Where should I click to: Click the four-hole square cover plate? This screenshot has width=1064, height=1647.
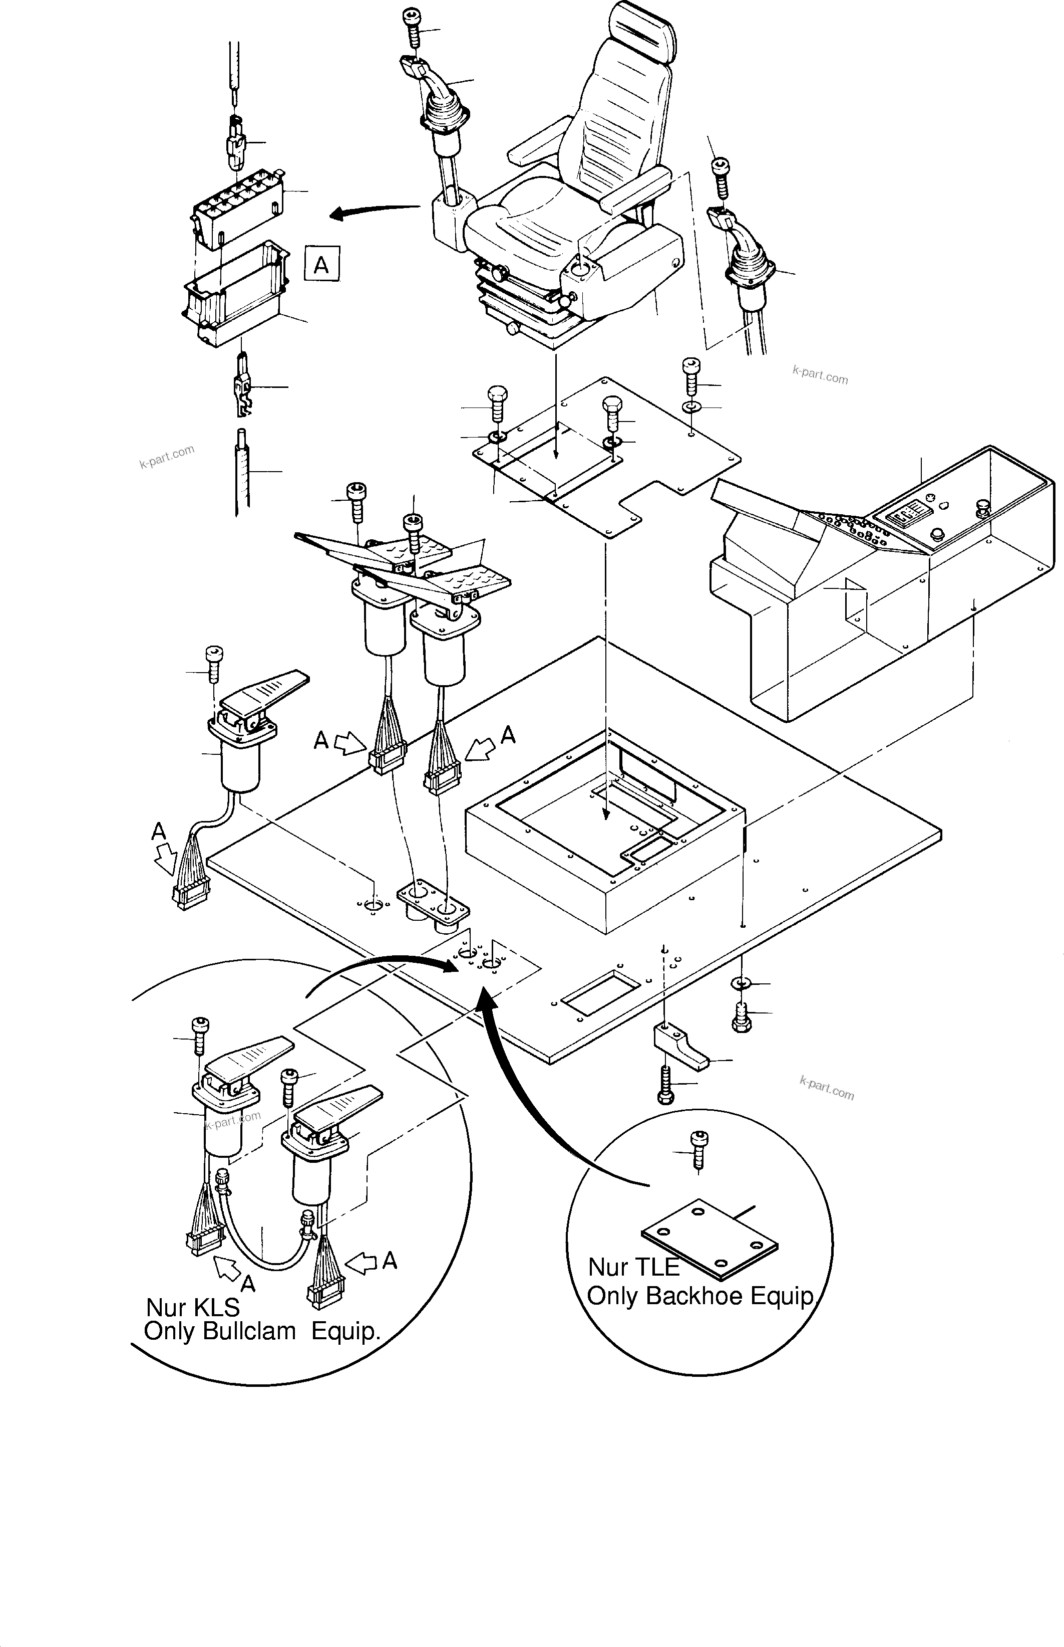tap(710, 1243)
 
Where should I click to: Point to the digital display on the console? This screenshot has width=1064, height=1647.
tap(906, 515)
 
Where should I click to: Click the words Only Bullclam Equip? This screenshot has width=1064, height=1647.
tap(262, 1331)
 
